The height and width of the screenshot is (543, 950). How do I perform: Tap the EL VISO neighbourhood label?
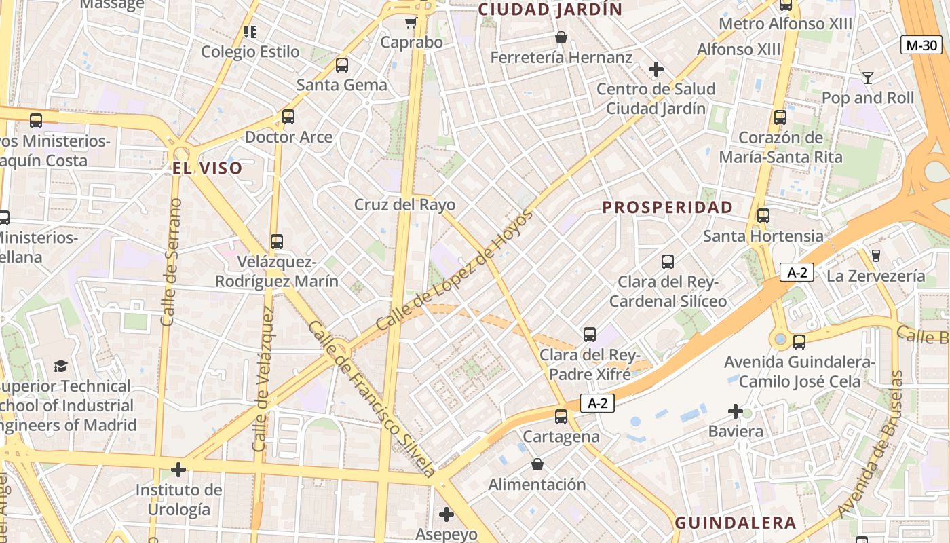207,168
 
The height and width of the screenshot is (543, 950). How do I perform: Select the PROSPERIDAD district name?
668,207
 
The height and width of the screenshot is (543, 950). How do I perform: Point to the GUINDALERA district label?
736,523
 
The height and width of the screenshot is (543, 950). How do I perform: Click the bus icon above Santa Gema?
342,65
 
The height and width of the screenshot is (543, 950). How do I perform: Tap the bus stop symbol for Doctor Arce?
288,117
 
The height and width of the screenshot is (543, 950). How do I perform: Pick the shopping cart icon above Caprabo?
411,22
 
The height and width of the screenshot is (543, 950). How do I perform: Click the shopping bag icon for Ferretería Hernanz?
560,37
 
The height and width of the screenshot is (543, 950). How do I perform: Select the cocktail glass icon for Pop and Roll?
867,77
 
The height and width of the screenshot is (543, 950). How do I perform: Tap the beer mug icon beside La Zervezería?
875,255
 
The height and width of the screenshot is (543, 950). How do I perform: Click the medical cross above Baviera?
736,411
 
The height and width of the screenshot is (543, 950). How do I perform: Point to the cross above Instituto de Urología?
178,470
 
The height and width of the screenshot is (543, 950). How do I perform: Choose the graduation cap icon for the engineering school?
61,367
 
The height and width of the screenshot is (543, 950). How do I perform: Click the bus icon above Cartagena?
561,417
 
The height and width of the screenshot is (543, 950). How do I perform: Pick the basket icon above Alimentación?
537,464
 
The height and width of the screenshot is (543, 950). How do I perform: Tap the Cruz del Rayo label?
404,205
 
